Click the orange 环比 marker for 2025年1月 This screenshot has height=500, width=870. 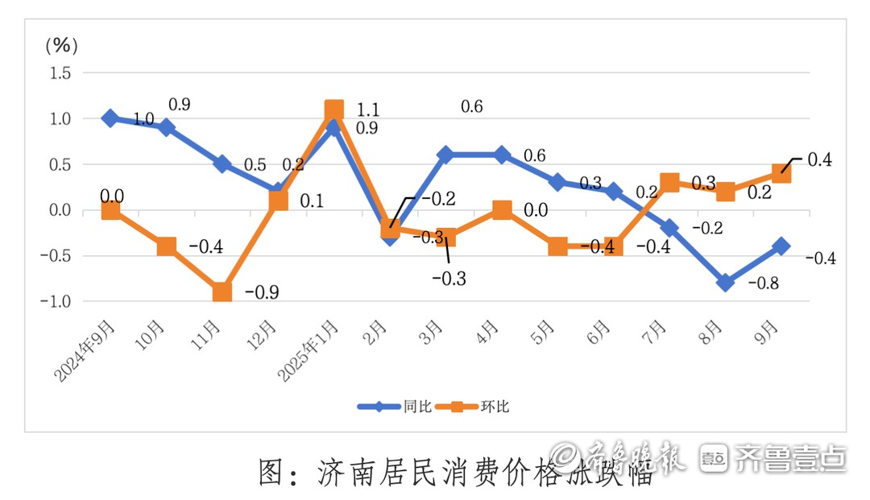coord(334,110)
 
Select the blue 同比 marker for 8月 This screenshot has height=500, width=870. coord(725,283)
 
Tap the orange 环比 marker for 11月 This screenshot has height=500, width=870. coord(222,291)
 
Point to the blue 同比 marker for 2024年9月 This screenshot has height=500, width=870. coord(110,118)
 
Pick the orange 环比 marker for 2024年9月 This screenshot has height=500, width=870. coord(110,210)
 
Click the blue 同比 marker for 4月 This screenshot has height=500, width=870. coord(502,155)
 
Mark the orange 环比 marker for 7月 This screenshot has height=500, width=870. coord(669,183)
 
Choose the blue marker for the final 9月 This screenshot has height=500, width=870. coord(781,246)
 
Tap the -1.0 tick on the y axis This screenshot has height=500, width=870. coord(57,302)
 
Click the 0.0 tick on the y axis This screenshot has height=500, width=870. coord(60,211)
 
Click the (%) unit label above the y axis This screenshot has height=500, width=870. coord(60,46)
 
